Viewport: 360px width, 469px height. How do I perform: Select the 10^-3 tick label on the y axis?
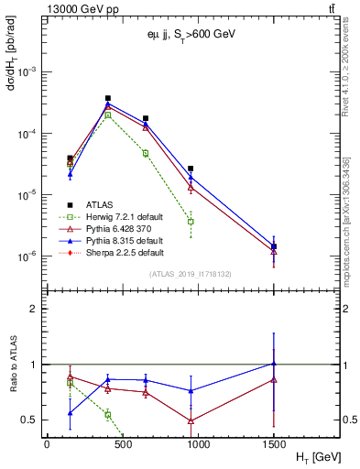point(28,71)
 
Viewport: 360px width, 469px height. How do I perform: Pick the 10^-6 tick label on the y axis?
point(28,256)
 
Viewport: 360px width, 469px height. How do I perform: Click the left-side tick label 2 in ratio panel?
point(36,309)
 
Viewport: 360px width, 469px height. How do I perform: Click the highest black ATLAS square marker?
point(108,98)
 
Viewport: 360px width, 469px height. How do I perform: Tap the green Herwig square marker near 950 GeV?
point(191,222)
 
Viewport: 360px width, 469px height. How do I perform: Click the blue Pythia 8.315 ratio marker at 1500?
point(274,364)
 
